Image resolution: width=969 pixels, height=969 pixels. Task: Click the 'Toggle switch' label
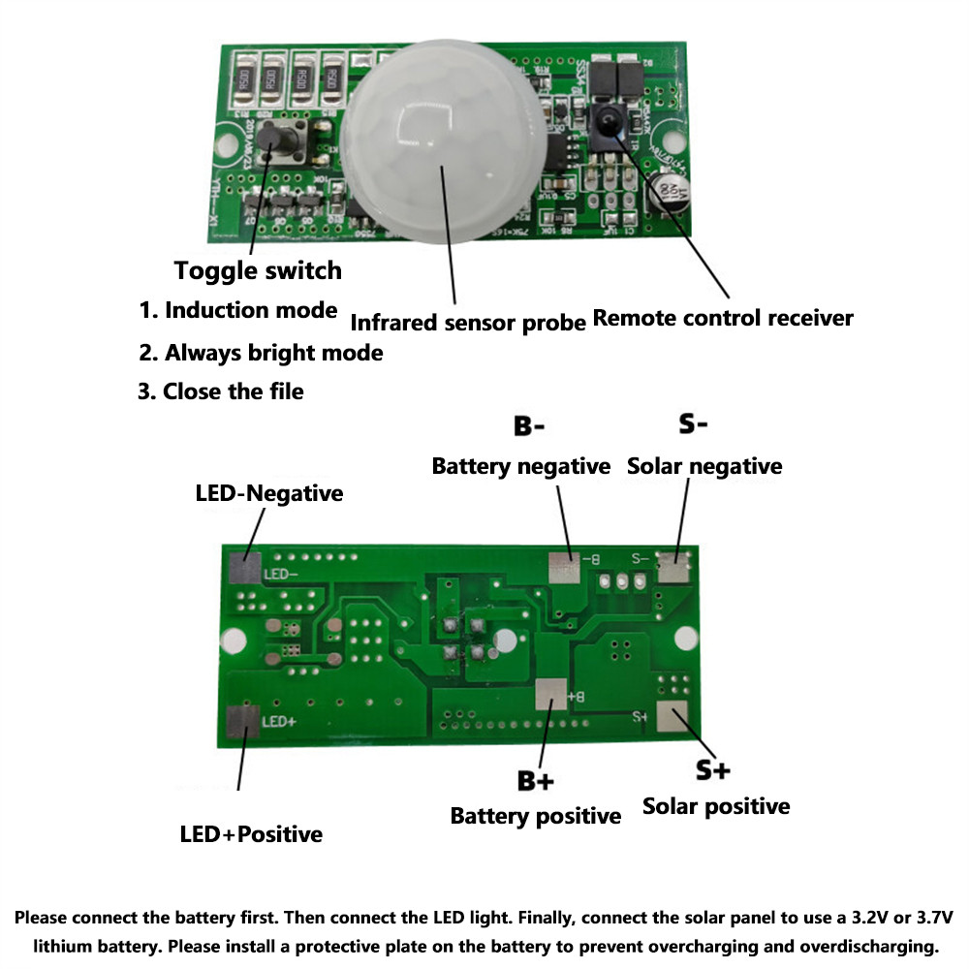[x=258, y=270]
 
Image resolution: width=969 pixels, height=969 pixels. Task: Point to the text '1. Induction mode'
[x=237, y=311]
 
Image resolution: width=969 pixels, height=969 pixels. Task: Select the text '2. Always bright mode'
[x=260, y=353]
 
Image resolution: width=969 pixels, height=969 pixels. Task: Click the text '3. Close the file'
[x=220, y=392]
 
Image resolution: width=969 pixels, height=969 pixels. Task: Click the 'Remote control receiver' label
[x=723, y=318]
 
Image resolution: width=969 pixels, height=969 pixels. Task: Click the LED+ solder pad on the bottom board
[x=242, y=723]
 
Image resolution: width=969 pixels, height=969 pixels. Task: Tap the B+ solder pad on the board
[x=550, y=694]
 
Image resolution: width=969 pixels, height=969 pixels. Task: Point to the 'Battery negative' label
[x=521, y=466]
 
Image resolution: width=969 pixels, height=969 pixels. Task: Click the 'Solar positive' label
[x=716, y=806]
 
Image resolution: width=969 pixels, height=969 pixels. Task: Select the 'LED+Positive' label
[x=251, y=834]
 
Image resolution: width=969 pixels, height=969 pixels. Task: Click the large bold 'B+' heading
[x=536, y=782]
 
